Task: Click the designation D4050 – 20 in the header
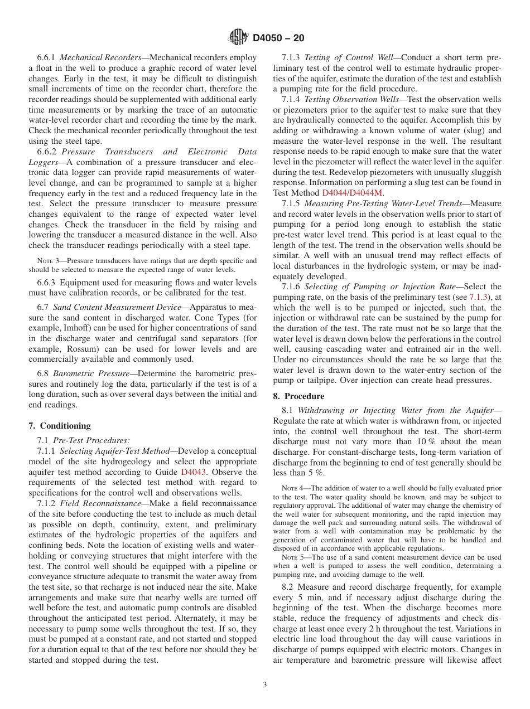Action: pos(278,38)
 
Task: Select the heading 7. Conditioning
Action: pos(60,426)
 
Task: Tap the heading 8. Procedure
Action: pos(298,396)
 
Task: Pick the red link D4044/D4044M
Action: pos(353,193)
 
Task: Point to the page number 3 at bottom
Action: pos(264,685)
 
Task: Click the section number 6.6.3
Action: pos(47,283)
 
